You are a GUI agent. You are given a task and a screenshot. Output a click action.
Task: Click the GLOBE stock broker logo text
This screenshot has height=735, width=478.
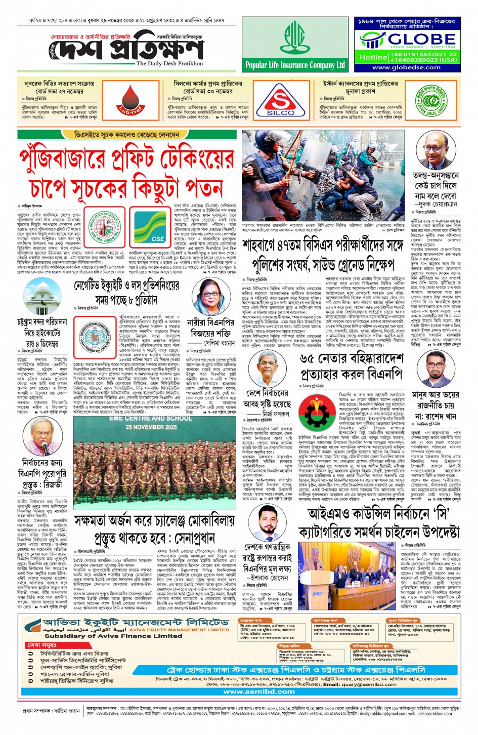click(421, 39)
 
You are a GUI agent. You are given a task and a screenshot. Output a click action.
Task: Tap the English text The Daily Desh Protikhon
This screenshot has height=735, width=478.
click(169, 64)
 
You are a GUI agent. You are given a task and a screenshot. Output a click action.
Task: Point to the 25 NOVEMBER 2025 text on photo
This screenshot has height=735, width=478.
click(151, 427)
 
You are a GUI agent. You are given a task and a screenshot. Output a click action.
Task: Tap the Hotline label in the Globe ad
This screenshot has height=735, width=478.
click(372, 57)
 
